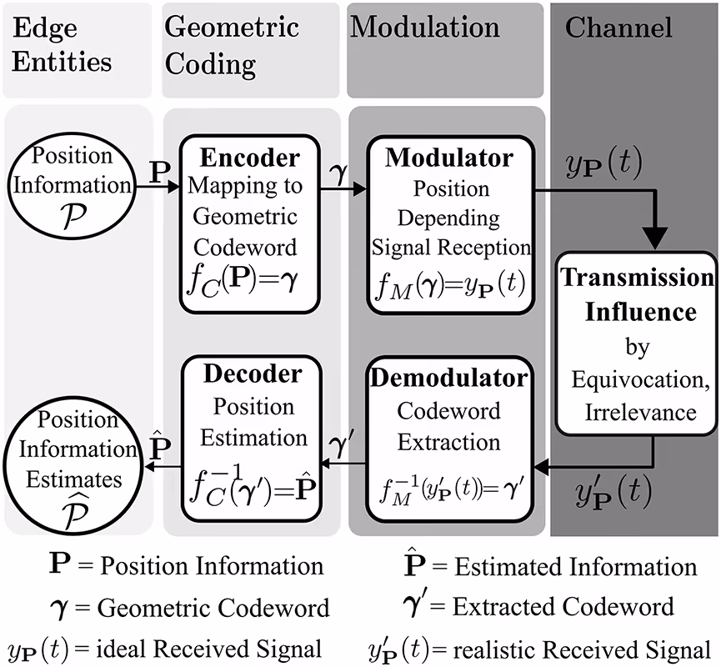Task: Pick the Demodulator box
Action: (x=449, y=430)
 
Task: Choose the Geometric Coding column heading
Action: (x=231, y=43)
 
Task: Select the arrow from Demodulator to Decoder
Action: (x=341, y=469)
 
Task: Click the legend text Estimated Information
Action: (x=575, y=567)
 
